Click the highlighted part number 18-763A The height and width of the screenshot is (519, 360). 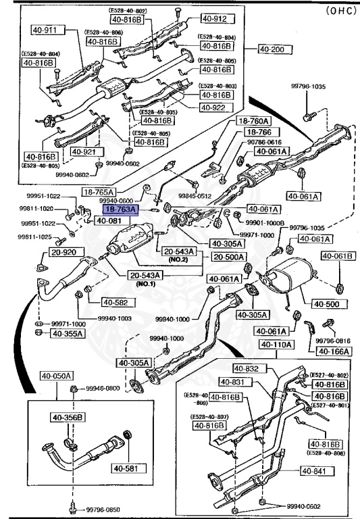coord(120,210)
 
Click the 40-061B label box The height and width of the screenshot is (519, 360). coord(336,255)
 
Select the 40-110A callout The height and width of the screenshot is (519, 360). coord(275,344)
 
